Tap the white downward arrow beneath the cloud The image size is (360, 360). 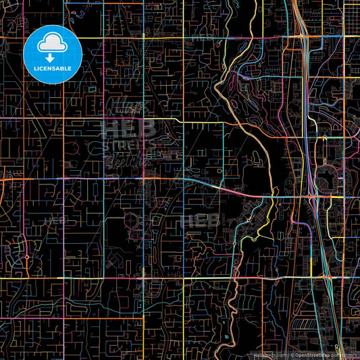(x=52, y=59)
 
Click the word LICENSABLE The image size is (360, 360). (x=52, y=68)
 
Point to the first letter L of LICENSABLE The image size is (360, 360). (x=36, y=68)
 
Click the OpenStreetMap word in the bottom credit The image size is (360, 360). (x=312, y=355)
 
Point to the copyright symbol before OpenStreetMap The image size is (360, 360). (x=292, y=355)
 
